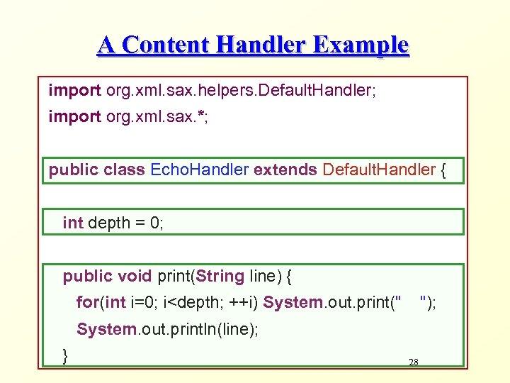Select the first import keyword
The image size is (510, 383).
74,90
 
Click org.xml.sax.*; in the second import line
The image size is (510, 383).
157,116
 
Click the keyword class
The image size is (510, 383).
125,170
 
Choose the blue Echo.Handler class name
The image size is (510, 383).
200,170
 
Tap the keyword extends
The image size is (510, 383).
285,170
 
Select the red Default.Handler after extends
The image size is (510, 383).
379,170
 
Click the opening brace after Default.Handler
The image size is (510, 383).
444,170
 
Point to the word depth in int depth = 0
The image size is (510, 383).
109,223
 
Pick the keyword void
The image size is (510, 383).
135,276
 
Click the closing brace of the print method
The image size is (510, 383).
66,355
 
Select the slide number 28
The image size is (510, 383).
414,362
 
